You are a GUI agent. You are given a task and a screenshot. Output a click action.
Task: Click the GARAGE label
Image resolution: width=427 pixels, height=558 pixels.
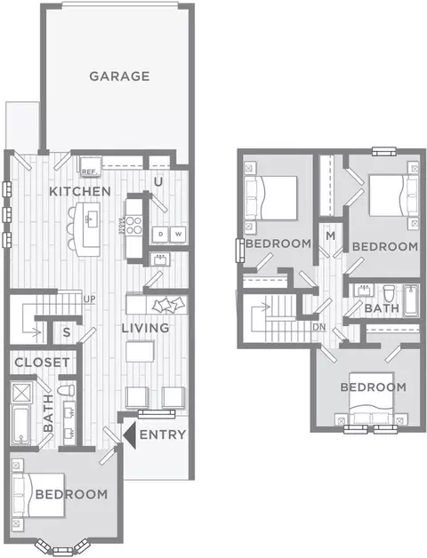119,76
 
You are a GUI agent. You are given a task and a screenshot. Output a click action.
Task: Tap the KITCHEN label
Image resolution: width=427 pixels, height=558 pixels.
80,191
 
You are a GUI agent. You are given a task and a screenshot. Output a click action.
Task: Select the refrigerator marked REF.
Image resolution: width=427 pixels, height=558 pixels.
90,166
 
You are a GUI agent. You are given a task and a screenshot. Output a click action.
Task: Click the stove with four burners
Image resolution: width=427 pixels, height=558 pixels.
133,226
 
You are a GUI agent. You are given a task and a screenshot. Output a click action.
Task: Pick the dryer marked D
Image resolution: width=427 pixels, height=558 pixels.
160,235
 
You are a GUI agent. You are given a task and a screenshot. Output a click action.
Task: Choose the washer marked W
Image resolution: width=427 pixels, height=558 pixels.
178,235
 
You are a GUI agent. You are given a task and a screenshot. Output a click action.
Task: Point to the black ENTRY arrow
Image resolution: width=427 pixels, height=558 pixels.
129,434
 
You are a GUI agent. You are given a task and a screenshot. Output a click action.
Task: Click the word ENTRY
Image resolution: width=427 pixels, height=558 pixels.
163,434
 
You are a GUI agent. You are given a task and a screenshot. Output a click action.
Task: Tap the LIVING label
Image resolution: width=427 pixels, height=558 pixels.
145,328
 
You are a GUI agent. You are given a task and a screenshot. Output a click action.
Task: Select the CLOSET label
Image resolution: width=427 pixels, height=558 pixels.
42,363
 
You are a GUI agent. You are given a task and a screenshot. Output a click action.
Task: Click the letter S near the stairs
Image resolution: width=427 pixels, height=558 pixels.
67,332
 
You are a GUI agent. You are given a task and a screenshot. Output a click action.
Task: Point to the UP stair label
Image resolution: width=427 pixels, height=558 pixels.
90,299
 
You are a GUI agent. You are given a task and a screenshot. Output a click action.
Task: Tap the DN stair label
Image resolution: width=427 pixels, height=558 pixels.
319,327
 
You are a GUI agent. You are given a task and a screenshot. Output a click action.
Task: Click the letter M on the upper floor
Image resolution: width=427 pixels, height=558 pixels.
330,235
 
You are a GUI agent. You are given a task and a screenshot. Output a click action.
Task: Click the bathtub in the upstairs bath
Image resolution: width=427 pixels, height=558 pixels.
411,300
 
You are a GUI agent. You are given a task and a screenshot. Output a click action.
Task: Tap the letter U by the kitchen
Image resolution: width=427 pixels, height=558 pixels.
157,182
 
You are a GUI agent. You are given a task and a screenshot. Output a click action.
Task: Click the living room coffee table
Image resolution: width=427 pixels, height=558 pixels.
140,352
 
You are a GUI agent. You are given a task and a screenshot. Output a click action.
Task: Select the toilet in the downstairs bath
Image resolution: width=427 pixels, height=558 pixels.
67,390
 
